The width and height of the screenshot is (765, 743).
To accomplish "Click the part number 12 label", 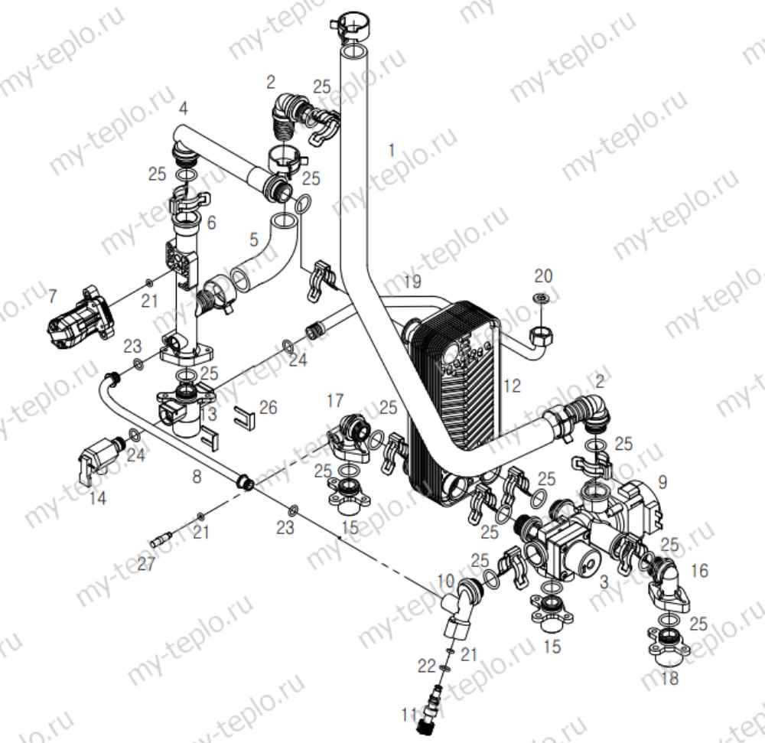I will [512, 386].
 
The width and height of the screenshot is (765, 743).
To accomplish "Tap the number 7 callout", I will [52, 295].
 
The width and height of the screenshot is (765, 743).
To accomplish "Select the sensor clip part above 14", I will [96, 458].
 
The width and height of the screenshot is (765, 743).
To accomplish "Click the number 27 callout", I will [145, 565].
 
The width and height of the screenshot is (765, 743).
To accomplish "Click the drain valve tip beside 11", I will [428, 715].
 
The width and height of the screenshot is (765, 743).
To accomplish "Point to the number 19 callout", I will [413, 282].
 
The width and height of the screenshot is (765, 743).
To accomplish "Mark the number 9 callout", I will [662, 483].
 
